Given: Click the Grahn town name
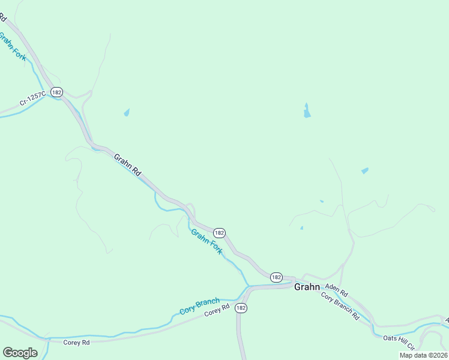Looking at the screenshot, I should tap(306, 287).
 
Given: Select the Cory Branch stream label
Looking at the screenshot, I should tap(200, 306).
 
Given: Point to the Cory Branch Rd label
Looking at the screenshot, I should tap(340, 305).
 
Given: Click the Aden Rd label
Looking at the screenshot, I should tap(336, 290).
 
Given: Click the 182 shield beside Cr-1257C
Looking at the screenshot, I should tap(56, 92).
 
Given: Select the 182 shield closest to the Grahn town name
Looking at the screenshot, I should tap(276, 277).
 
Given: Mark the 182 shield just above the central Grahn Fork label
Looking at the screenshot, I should tap(219, 232).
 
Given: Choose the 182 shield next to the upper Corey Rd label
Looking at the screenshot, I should tap(241, 307).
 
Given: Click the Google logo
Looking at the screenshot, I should tap(20, 352).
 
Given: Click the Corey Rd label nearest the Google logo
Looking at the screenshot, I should tap(76, 341).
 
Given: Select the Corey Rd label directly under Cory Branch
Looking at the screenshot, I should tap(217, 312).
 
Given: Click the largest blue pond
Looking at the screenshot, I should tap(307, 111).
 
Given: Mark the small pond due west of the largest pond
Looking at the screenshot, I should tap(127, 112).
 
